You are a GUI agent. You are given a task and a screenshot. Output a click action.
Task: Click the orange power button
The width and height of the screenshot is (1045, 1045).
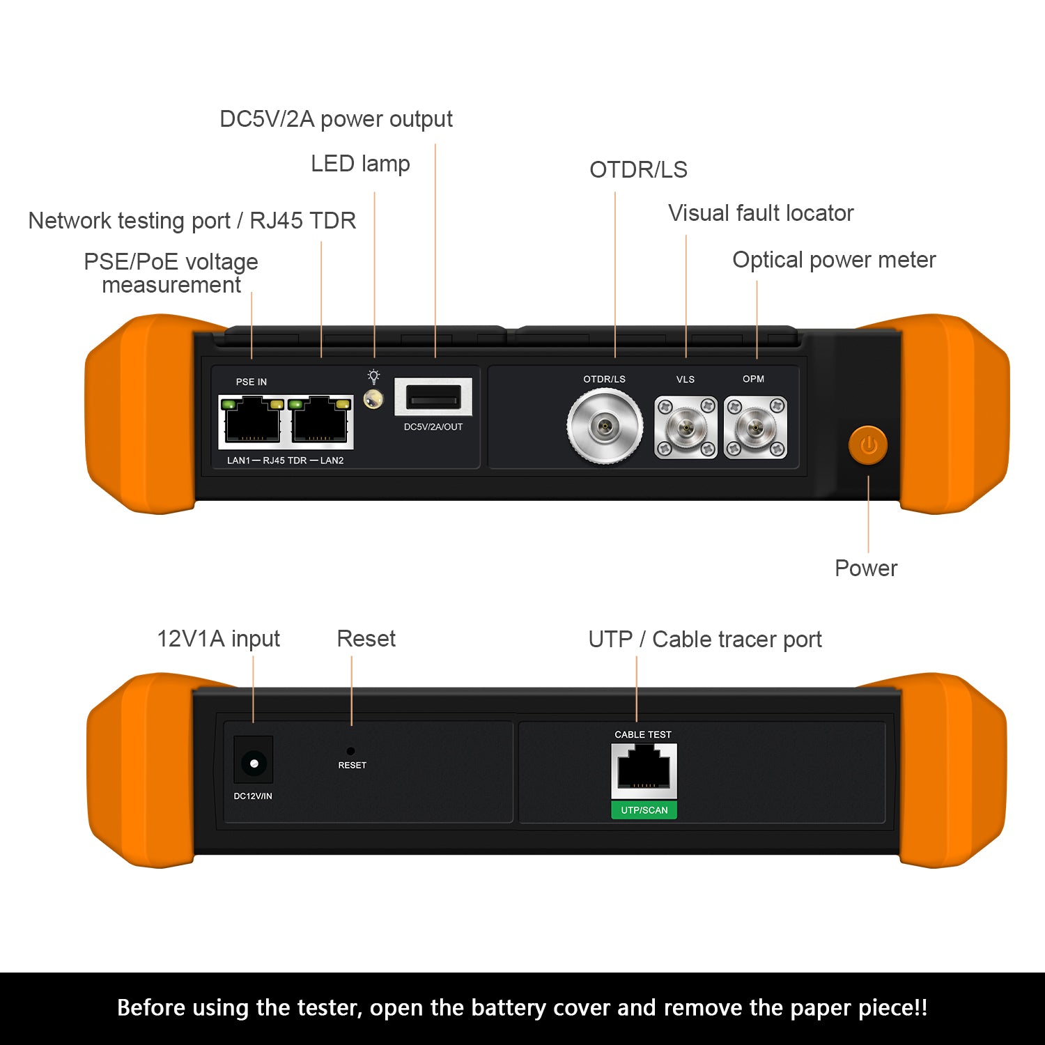tap(867, 445)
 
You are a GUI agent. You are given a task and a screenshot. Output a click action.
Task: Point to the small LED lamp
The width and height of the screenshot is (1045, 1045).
tap(373, 399)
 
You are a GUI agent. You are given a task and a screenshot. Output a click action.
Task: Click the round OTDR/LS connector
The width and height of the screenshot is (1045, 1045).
tap(605, 425)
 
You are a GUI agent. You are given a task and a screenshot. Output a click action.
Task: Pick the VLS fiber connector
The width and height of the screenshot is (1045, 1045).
tap(686, 427)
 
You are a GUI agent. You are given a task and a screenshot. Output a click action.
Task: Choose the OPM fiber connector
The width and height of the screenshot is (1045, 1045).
tap(755, 427)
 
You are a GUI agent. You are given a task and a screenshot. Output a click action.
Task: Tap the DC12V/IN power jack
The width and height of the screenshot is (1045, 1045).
tap(254, 764)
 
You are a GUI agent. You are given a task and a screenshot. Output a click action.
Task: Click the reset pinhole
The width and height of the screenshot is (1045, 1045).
tap(350, 751)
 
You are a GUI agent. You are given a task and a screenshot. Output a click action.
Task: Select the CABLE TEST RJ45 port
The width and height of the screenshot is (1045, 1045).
tap(644, 770)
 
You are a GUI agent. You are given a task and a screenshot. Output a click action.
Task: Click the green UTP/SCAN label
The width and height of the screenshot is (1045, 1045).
tap(644, 810)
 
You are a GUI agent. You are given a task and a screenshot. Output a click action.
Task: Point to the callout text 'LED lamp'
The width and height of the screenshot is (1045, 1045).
tap(360, 164)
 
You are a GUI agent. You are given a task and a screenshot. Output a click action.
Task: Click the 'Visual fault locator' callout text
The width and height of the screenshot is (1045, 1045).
tap(761, 213)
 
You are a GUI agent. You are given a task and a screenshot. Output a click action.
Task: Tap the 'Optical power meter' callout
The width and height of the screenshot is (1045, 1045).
tap(834, 260)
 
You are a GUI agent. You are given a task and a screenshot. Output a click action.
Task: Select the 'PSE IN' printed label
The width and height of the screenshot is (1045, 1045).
tap(251, 382)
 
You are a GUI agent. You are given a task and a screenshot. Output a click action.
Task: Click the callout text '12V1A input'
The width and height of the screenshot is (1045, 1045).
tap(218, 639)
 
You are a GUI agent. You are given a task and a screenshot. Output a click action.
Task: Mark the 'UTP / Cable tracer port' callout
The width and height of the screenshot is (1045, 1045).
tap(705, 640)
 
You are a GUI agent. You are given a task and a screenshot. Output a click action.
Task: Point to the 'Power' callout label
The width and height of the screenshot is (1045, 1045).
tap(866, 568)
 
